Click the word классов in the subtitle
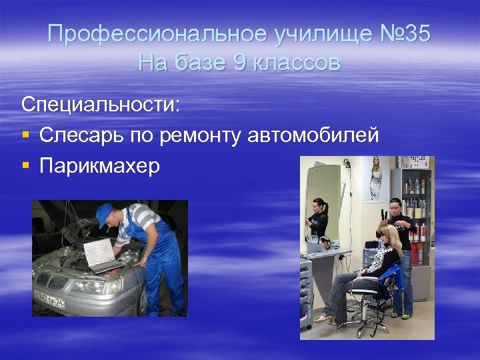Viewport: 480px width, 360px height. click(295, 63)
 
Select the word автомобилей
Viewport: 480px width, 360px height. click(313, 135)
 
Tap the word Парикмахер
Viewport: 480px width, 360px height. click(100, 166)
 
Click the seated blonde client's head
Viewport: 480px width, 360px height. click(387, 233)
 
